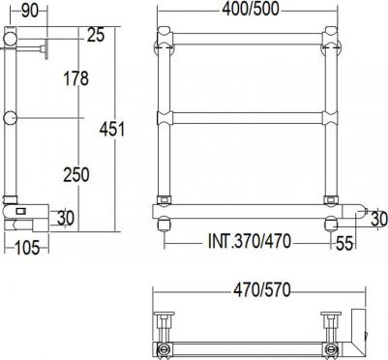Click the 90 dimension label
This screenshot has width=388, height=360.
30,12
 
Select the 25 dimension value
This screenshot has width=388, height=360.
96,35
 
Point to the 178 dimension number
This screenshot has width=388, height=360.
76,78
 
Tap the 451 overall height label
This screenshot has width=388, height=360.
112,130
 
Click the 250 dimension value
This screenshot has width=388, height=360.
76,175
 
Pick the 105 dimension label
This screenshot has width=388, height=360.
27,248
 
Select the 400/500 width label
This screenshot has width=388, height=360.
251,10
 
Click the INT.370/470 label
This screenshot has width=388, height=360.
250,241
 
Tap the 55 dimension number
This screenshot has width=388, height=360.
344,243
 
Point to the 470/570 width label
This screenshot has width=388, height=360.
262,290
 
